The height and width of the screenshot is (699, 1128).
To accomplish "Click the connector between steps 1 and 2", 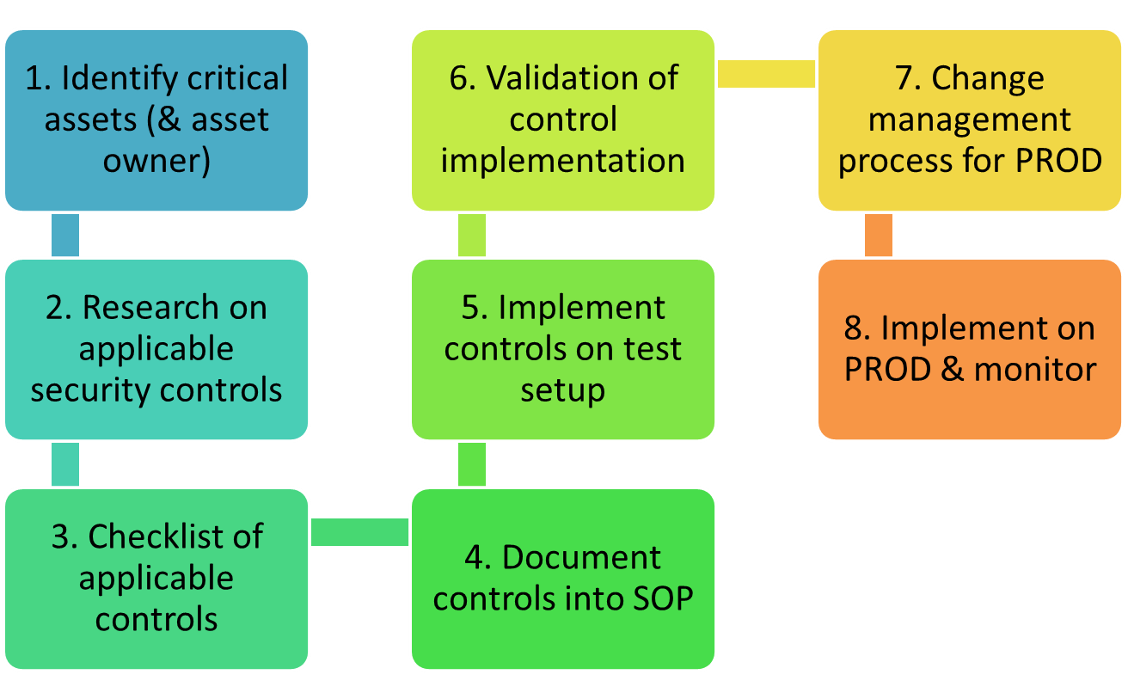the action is (x=65, y=236).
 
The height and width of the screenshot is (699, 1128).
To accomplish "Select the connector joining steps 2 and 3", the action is (x=65, y=464).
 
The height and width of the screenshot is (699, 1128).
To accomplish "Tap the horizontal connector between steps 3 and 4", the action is (x=359, y=532).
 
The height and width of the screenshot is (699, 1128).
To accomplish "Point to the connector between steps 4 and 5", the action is (x=472, y=464).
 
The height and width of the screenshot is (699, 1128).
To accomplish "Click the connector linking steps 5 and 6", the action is (x=472, y=236).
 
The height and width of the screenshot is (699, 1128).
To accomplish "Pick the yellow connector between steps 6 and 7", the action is (x=766, y=74).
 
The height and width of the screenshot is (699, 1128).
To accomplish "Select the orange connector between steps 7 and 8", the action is (x=878, y=236).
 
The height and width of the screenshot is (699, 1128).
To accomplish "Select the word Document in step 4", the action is (x=581, y=557).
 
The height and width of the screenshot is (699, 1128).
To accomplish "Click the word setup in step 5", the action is (x=563, y=392).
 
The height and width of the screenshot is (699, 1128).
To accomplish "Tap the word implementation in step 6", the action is (x=563, y=162).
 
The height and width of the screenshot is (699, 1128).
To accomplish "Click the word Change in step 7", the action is (x=988, y=79).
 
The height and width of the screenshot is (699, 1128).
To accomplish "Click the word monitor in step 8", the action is (x=1035, y=369).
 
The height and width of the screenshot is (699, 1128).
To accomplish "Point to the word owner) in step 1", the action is (x=156, y=161).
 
